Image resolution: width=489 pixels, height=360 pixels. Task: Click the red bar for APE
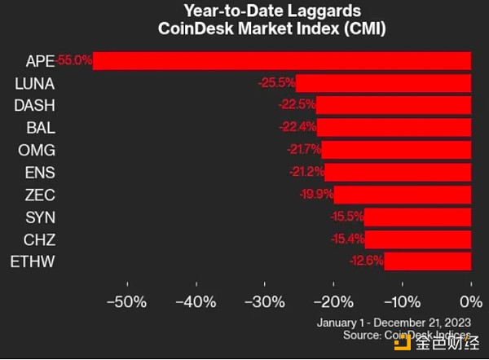click(282, 61)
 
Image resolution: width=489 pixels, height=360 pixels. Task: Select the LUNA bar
click(383, 83)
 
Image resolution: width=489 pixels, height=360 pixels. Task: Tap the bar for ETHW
click(428, 261)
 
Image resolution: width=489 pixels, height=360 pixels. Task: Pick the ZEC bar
click(403, 194)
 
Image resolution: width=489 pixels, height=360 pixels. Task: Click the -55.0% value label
click(75, 60)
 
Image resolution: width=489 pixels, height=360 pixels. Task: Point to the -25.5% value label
click(278, 83)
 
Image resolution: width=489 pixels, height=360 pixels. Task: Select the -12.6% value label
click(366, 261)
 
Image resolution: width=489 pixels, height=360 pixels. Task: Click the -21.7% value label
click(303, 150)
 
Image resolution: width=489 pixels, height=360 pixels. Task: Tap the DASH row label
click(34, 105)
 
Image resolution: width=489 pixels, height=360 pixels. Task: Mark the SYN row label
click(38, 216)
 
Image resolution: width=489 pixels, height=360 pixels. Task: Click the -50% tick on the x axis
click(129, 301)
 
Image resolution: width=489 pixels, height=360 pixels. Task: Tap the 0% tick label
click(471, 301)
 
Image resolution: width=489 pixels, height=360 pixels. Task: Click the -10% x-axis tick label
click(402, 301)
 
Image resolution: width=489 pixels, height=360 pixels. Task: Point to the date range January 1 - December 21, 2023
click(392, 323)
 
